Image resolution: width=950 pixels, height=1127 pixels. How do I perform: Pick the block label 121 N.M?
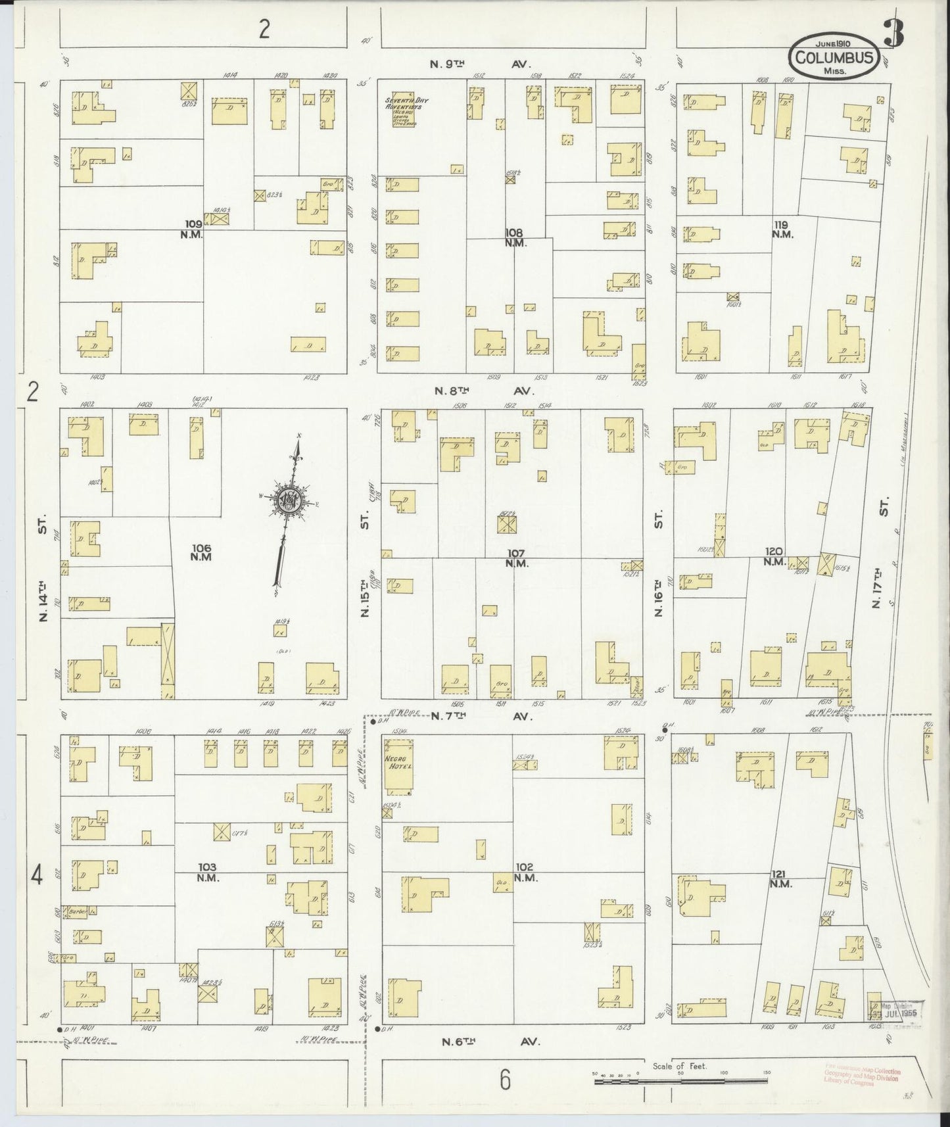click(782, 878)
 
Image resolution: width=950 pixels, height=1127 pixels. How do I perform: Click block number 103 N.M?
click(207, 873)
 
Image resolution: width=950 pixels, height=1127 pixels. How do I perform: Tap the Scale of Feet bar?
click(680, 1080)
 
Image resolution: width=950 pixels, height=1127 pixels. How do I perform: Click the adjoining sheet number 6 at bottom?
click(504, 1080)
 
